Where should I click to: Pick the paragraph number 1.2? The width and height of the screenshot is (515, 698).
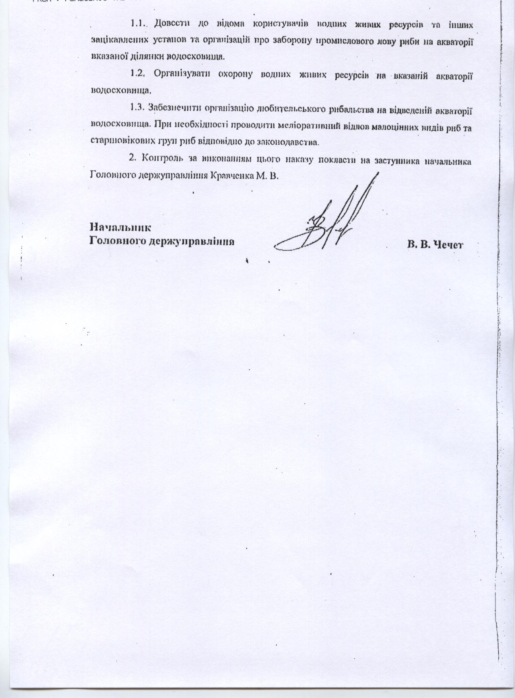point(139,74)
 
